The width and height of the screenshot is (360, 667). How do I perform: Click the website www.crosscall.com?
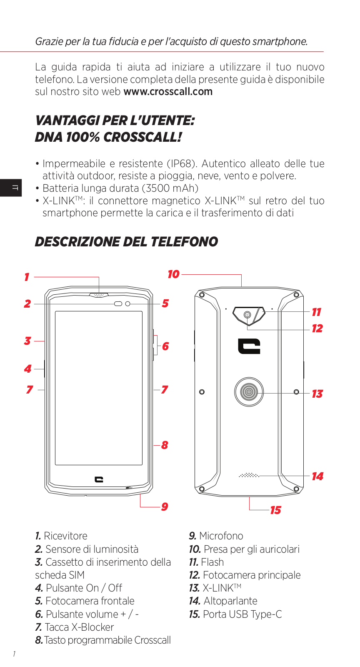[168, 92]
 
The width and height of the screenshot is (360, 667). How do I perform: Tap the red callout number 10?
[173, 274]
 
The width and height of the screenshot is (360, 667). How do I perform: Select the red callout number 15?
[275, 510]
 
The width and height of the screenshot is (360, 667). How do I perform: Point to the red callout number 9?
[165, 507]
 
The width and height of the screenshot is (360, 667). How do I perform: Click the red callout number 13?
[317, 394]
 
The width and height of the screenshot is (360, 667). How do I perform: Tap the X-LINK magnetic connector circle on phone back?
[249, 392]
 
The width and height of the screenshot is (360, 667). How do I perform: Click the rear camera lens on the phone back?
[247, 315]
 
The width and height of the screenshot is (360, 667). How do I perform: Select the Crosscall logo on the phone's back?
[249, 346]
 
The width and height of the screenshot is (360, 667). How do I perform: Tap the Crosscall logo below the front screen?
[99, 479]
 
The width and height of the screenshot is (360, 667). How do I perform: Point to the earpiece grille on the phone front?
[99, 295]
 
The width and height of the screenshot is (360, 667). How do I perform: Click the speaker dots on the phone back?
[249, 475]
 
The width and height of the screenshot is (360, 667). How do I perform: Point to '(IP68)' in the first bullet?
[181, 164]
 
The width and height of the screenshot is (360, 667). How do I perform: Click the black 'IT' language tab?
[11, 188]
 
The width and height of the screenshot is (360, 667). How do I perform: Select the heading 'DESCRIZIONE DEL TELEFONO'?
[126, 242]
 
